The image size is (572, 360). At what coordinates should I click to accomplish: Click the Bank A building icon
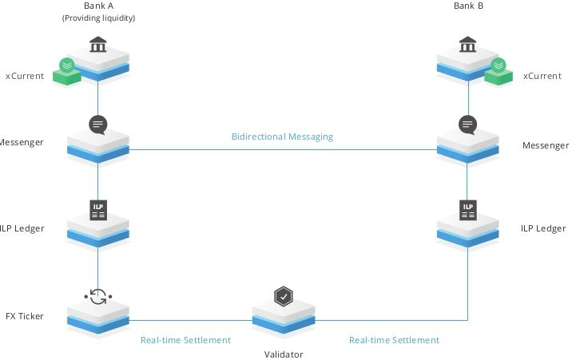tap(97, 45)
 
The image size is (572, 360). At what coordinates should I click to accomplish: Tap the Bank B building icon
tap(467, 45)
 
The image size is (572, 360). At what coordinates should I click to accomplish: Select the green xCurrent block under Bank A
tap(67, 71)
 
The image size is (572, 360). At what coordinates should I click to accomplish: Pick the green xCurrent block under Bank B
tap(499, 71)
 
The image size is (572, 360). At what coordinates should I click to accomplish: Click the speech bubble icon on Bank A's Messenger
tap(98, 125)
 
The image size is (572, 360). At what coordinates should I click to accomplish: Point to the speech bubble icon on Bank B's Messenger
tap(467, 125)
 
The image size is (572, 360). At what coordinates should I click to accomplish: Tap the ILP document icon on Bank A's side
tap(98, 210)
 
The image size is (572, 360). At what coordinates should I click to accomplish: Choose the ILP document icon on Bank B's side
tap(468, 210)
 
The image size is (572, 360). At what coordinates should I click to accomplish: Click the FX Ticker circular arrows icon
tap(98, 297)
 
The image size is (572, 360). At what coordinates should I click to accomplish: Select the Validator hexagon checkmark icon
tap(284, 296)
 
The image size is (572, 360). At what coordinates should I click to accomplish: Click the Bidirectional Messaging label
tap(282, 136)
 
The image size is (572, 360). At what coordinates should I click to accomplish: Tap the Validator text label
tap(284, 354)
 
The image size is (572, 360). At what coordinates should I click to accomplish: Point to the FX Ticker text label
tap(25, 316)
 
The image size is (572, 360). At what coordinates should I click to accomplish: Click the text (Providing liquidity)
tap(98, 18)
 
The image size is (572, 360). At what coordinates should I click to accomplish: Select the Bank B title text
tap(468, 6)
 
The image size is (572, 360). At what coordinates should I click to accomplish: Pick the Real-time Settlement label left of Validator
tap(185, 340)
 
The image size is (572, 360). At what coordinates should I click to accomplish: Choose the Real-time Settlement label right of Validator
tap(395, 340)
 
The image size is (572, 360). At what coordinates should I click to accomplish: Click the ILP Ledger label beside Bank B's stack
tap(543, 228)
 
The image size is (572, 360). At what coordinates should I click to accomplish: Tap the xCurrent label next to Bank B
tap(542, 76)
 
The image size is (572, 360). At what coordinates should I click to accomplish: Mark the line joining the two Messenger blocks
tap(283, 149)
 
